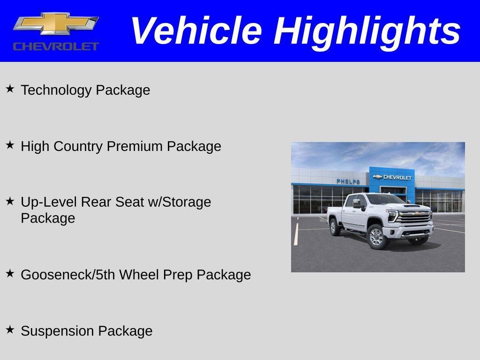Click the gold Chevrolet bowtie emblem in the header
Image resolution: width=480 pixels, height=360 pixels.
[56, 23]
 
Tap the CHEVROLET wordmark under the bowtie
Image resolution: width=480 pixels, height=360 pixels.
[56, 46]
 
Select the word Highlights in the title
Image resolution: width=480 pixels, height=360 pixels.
[367, 31]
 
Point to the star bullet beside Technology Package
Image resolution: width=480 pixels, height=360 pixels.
[10, 89]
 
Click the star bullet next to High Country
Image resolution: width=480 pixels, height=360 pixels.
[10, 145]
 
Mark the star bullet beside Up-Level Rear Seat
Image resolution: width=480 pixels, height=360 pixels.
[10, 201]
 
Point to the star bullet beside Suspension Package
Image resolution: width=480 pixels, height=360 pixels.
[10, 330]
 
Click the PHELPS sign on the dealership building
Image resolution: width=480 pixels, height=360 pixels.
[348, 181]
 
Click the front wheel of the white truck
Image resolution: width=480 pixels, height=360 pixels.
[376, 237]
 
